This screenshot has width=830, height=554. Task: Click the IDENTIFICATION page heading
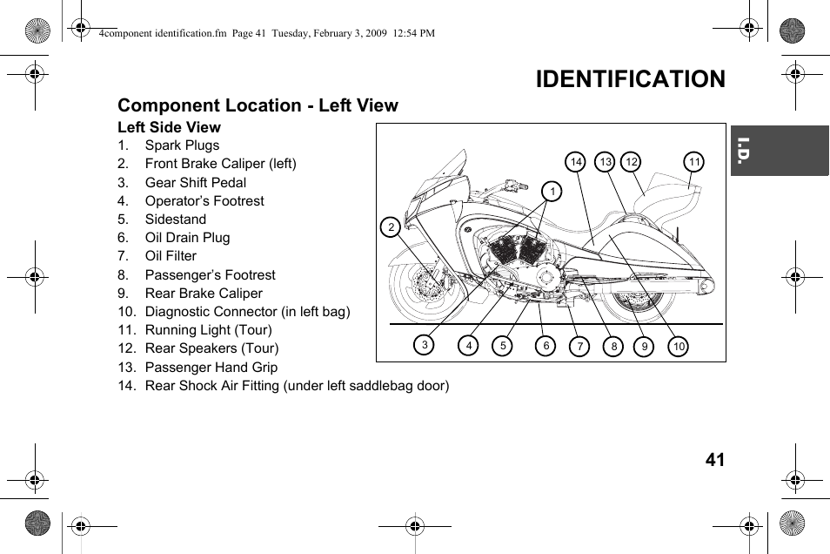point(630,79)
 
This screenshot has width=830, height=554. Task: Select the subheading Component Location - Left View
point(258,105)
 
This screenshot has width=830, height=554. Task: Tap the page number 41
point(714,460)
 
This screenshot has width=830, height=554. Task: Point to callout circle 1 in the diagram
point(551,191)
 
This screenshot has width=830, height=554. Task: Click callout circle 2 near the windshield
point(392,228)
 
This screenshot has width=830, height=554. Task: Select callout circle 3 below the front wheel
point(424,345)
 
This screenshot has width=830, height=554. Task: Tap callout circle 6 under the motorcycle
point(546,346)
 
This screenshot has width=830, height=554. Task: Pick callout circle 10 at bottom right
point(679,347)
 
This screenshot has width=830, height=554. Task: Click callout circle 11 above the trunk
point(693,162)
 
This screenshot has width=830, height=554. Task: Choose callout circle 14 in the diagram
point(575,162)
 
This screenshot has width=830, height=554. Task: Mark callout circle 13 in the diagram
point(605,162)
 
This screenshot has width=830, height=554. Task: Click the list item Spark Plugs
point(182,145)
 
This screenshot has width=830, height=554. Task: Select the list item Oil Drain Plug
point(187,238)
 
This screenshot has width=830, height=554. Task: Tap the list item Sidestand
point(176,220)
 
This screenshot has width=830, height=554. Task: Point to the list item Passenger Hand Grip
point(211,368)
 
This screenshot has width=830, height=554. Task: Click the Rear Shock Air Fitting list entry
point(297,386)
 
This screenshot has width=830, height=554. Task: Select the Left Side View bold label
point(169,127)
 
